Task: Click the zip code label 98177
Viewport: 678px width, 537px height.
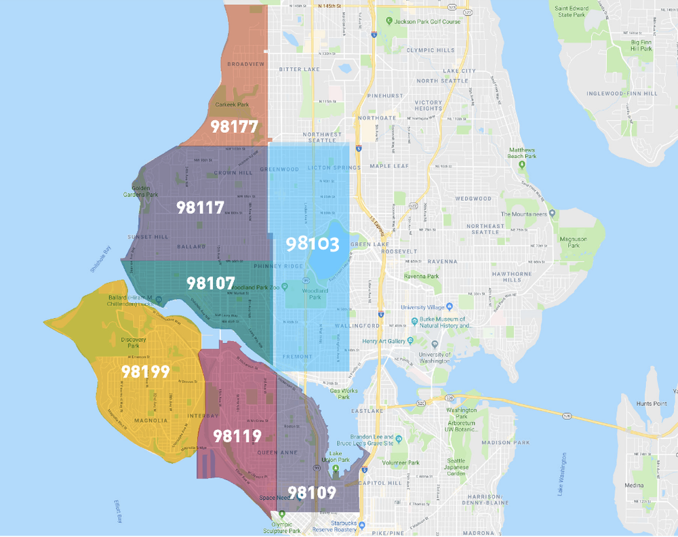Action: coord(234,126)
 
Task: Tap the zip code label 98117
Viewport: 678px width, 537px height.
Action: coord(200,207)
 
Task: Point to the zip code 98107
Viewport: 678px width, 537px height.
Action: coord(210,283)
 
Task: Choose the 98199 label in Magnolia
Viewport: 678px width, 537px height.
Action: coord(145,372)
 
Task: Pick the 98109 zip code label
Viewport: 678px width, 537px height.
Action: coord(311,492)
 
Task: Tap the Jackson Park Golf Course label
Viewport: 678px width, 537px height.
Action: coord(427,22)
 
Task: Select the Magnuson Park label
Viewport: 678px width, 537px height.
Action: coord(572,243)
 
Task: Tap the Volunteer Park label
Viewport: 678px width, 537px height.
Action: coord(401,463)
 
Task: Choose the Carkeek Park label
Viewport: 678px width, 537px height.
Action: coord(232,104)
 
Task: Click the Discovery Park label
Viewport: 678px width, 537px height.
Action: coord(134,342)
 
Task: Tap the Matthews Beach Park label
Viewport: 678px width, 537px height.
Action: coord(522,153)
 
